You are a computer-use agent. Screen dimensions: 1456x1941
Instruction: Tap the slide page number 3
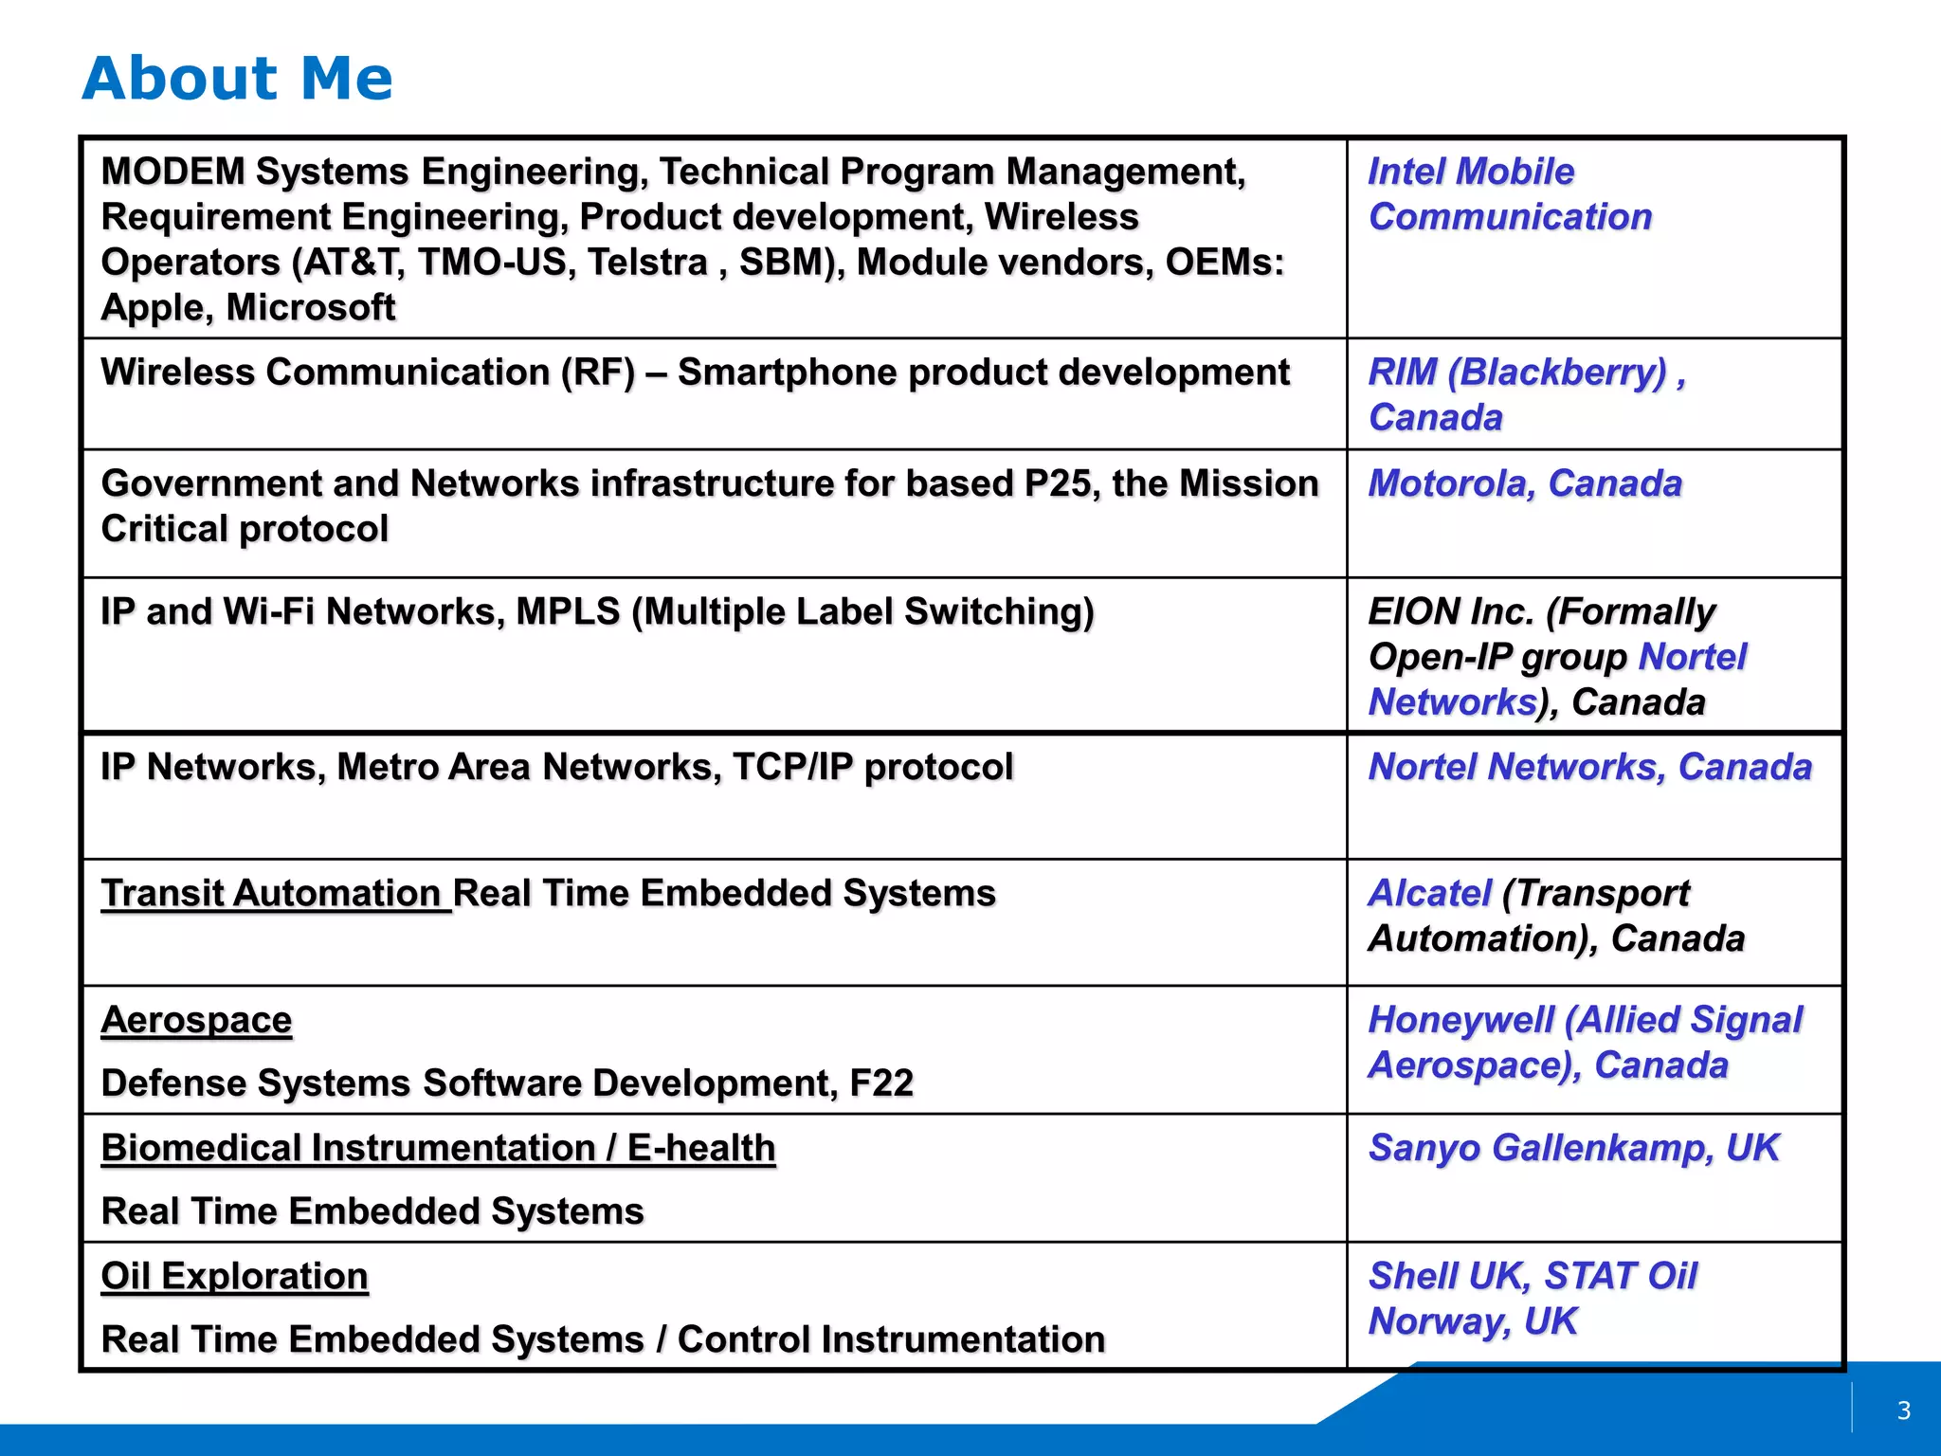tap(1904, 1410)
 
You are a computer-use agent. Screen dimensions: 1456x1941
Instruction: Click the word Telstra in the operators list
tap(647, 263)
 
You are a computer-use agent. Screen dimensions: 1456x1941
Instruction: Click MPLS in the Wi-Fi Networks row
tap(568, 612)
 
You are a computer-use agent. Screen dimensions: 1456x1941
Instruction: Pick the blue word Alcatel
tap(1429, 893)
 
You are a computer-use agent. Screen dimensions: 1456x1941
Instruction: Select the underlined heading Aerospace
tap(196, 1020)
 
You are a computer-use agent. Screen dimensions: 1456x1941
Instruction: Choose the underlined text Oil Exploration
tap(234, 1276)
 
